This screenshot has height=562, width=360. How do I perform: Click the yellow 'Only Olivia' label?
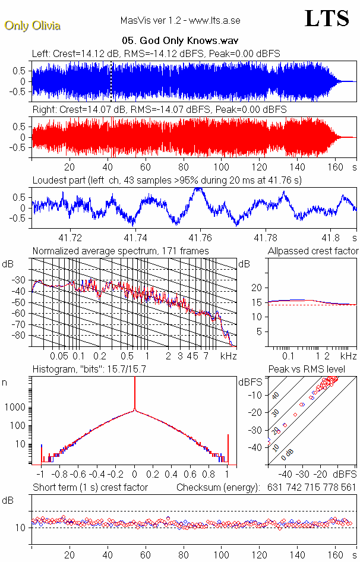pyautogui.click(x=32, y=26)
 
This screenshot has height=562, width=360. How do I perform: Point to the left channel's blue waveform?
pyautogui.click(x=178, y=81)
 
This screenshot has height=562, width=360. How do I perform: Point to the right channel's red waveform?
pyautogui.click(x=178, y=137)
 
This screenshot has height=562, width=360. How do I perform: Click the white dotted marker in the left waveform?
pyautogui.click(x=110, y=80)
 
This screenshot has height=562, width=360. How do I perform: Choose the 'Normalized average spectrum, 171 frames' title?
pyautogui.click(x=121, y=251)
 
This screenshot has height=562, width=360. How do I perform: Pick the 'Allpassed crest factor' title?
pyautogui.click(x=313, y=251)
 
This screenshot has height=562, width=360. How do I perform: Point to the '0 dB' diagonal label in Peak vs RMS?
pyautogui.click(x=288, y=453)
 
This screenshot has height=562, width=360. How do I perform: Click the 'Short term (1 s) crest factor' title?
pyautogui.click(x=90, y=488)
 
